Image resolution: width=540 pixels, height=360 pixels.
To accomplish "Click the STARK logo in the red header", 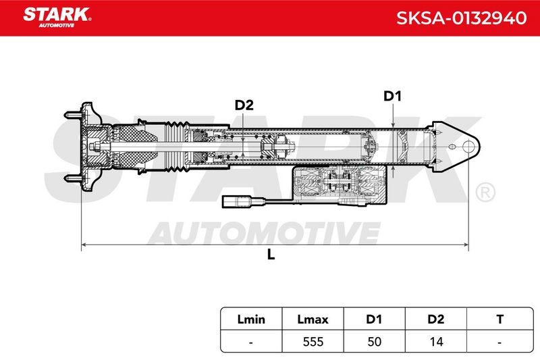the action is click(57, 18).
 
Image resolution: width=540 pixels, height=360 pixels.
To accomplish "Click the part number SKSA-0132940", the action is click(461, 18).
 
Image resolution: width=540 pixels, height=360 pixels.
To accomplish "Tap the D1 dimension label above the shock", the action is click(393, 96).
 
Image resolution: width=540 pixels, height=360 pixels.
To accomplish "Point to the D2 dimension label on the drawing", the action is click(244, 105).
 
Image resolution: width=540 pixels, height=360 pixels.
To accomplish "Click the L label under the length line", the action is click(271, 255).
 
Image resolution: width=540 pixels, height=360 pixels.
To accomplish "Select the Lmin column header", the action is click(251, 319).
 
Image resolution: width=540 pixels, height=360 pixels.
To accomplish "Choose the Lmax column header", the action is click(313, 319).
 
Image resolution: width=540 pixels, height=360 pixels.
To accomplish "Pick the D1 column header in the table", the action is click(374, 319).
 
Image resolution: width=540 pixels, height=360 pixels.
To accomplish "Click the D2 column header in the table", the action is click(435, 319).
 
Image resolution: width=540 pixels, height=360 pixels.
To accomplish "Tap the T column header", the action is click(500, 319).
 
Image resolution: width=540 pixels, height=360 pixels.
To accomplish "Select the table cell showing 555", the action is click(313, 342).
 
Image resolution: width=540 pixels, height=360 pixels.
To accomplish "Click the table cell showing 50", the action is click(375, 342).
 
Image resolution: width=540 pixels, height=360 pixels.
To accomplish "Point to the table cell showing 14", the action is click(436, 342).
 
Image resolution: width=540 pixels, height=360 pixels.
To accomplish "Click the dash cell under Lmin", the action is click(251, 342).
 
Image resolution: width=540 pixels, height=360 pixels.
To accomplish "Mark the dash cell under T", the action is click(500, 342).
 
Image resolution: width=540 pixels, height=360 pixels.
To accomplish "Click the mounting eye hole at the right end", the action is click(468, 147).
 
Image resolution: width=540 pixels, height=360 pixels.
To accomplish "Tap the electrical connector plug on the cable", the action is click(239, 201).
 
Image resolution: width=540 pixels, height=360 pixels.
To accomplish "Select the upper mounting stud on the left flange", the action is click(73, 115).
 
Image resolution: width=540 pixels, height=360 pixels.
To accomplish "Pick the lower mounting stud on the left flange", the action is click(73, 178).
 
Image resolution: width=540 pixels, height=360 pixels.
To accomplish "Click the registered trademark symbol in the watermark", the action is click(485, 192).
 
